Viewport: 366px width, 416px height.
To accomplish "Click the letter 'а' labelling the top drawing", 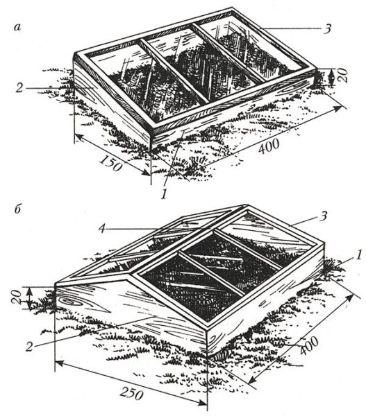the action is click(x=17, y=27).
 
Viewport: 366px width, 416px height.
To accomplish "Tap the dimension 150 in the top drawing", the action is click(x=111, y=163).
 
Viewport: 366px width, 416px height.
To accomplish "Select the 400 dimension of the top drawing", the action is click(x=269, y=147).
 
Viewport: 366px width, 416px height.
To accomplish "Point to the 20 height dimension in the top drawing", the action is click(x=342, y=76).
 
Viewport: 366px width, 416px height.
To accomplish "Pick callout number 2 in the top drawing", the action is click(x=19, y=88).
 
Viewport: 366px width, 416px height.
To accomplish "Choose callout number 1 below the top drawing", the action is click(x=164, y=195).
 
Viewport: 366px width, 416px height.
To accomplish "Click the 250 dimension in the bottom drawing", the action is click(x=131, y=393).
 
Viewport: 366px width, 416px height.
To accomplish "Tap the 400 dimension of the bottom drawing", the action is click(x=309, y=346).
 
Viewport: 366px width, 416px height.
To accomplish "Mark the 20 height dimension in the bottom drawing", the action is click(x=16, y=297).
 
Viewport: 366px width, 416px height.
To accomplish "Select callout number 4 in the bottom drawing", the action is click(x=101, y=229).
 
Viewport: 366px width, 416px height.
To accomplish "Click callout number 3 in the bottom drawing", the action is click(x=323, y=216).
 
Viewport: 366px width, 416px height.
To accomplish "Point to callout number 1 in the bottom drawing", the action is click(x=358, y=255).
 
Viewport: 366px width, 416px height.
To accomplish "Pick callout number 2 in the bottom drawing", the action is click(x=29, y=347).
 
